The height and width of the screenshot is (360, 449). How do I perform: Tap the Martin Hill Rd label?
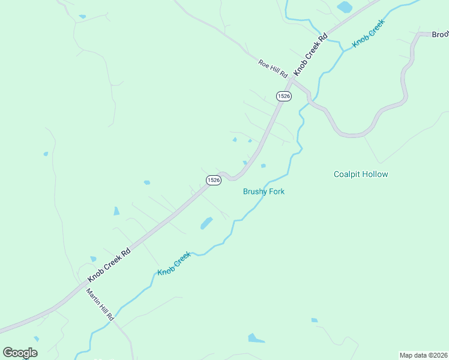click(x=100, y=306)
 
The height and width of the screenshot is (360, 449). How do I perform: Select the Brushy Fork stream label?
click(x=264, y=191)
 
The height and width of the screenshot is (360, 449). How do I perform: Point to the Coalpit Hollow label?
click(x=361, y=175)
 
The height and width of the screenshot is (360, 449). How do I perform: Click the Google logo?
click(x=20, y=353)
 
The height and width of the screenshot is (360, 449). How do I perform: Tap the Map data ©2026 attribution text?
click(x=423, y=355)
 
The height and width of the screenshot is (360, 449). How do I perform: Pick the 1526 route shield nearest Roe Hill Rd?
click(x=284, y=96)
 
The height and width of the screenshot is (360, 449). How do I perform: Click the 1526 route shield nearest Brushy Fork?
click(x=214, y=179)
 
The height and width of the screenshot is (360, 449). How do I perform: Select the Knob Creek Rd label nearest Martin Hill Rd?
click(x=109, y=266)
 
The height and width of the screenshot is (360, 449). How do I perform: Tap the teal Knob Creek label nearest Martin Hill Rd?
click(x=174, y=264)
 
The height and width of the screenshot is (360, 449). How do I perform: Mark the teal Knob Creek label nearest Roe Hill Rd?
click(x=368, y=34)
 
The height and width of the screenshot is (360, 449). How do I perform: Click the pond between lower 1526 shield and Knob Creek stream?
click(x=206, y=223)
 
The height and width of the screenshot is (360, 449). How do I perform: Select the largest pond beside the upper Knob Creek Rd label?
click(x=345, y=7)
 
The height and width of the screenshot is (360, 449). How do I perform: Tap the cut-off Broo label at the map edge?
click(x=440, y=35)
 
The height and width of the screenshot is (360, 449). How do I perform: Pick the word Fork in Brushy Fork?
click(x=276, y=191)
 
